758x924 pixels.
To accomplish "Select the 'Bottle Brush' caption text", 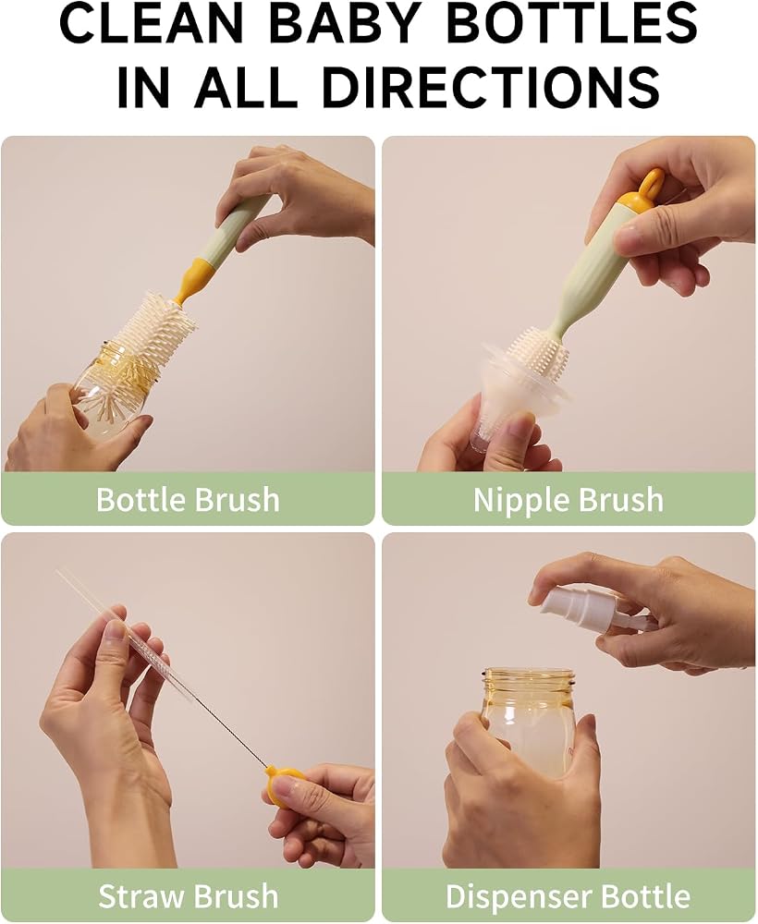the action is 188,499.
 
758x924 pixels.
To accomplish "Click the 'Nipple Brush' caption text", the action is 568,500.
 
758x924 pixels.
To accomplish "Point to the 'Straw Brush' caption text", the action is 188,895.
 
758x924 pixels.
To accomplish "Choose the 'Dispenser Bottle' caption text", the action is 568,896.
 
